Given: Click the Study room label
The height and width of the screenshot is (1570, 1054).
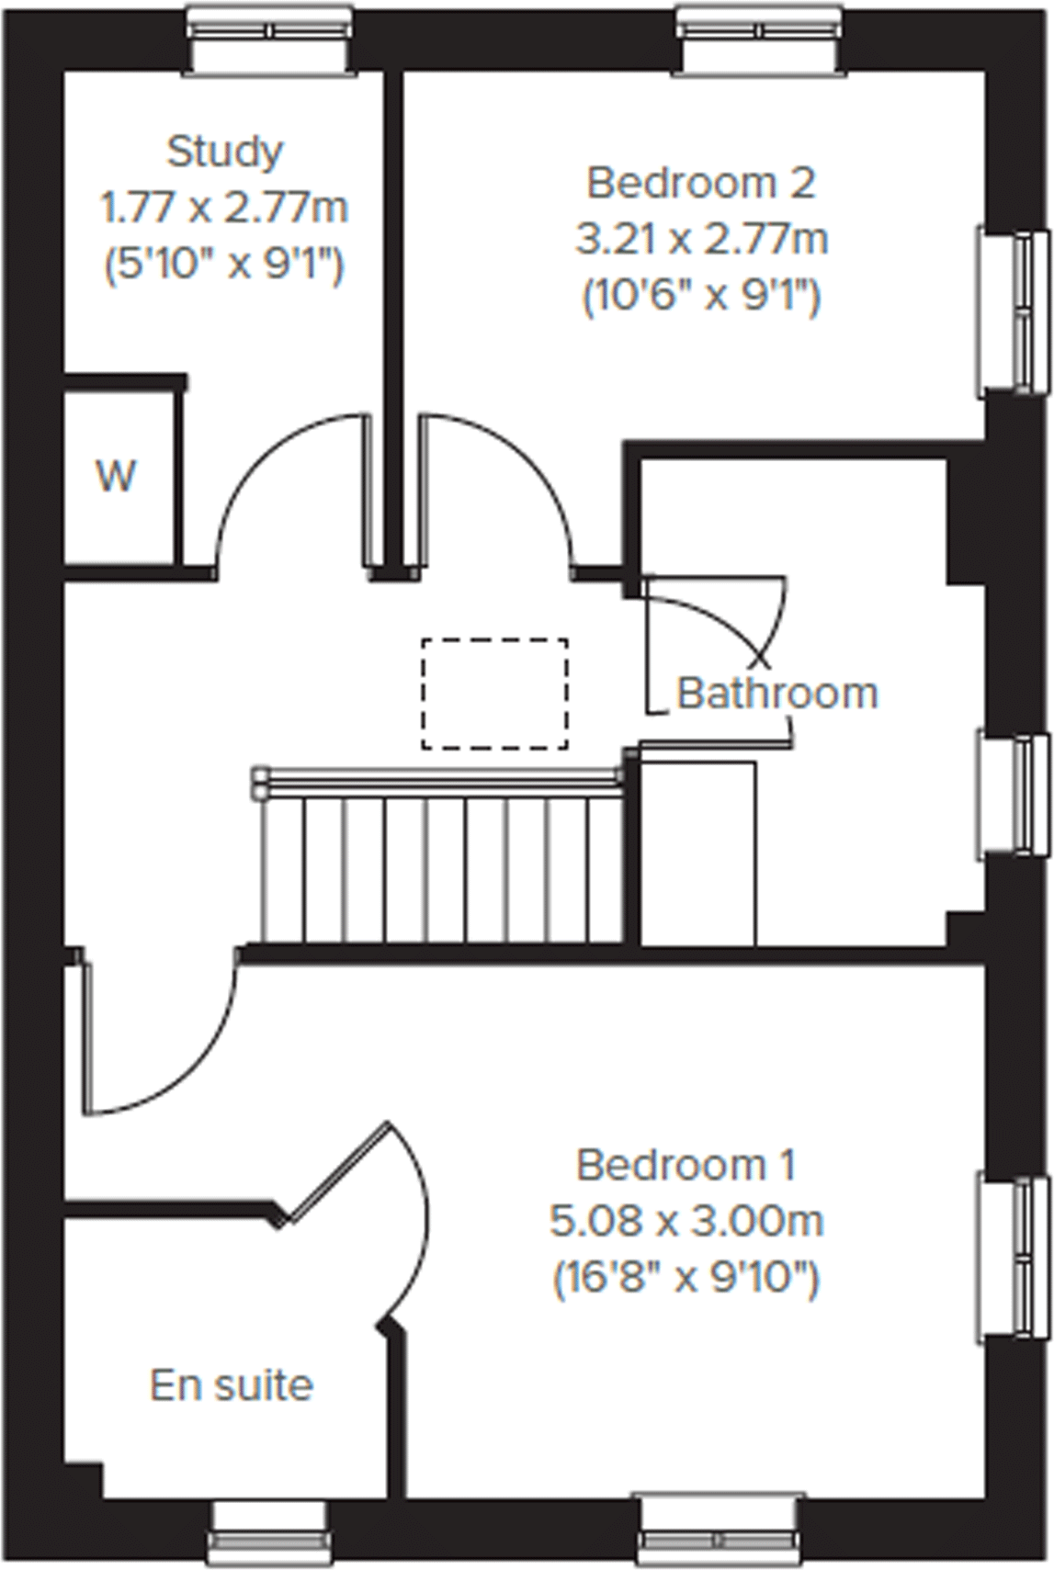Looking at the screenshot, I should click(x=224, y=151).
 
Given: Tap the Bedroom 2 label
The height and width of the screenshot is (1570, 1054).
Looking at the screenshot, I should click(x=700, y=182).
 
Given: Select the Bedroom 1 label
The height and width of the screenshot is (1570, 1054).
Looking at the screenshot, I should click(x=686, y=1165).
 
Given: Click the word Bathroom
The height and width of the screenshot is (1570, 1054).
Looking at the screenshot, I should click(x=777, y=693).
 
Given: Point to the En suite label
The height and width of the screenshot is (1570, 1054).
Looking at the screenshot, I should click(x=232, y=1385).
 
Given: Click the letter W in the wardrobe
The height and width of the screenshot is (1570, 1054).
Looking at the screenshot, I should click(x=117, y=477).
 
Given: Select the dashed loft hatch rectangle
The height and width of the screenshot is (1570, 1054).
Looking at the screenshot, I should click(x=494, y=694).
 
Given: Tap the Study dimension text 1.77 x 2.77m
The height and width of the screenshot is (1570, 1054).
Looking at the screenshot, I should click(x=224, y=209).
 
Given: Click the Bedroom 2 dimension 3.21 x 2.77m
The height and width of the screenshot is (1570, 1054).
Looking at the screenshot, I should click(x=701, y=240).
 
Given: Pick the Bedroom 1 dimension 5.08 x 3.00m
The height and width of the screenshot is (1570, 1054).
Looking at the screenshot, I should click(x=686, y=1222).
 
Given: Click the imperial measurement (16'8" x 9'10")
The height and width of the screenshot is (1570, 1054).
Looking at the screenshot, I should click(x=686, y=1278).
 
